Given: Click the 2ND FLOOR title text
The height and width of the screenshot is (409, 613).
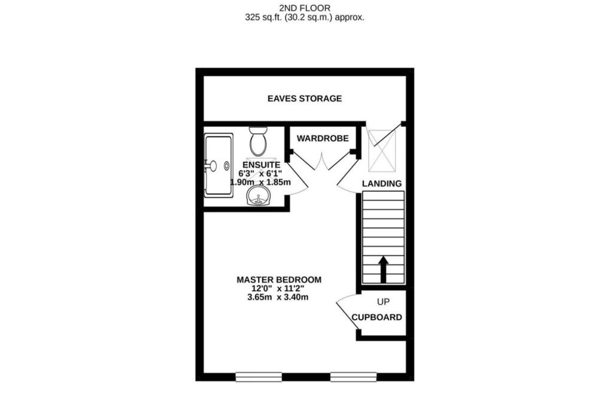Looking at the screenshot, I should [305, 8].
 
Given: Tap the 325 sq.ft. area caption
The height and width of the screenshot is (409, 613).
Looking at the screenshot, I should [305, 17].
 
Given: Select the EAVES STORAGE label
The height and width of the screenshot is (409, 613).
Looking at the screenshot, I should [305, 98].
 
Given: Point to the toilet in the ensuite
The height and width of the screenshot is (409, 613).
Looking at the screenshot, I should [258, 141].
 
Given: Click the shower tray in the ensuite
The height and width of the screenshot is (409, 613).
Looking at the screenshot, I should [218, 165].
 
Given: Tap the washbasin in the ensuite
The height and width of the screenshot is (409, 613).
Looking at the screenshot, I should [259, 196].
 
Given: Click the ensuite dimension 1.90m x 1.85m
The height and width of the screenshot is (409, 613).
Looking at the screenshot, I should [261, 181].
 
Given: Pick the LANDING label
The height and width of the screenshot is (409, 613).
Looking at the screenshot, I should [381, 184].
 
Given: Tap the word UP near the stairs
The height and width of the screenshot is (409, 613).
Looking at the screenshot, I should [383, 302].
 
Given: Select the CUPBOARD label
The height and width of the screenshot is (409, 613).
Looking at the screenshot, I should [377, 317].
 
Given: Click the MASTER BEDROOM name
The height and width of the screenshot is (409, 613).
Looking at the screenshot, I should [279, 279].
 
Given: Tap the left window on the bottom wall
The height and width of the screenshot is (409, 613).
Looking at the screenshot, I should [259, 377].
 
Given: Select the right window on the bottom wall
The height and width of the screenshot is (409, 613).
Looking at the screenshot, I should [353, 377].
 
